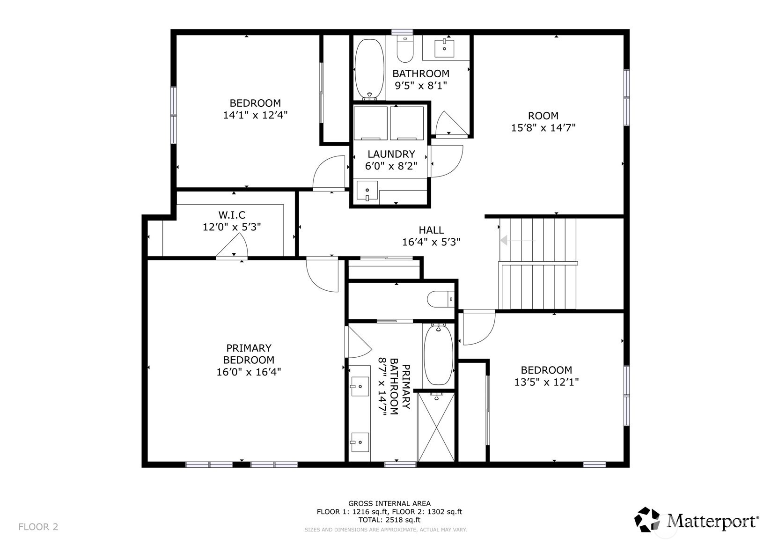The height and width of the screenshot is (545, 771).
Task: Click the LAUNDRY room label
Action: click(x=391, y=154)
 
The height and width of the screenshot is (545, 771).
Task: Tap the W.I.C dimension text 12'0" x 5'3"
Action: click(x=232, y=227)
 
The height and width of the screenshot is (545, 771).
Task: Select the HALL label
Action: click(x=431, y=230)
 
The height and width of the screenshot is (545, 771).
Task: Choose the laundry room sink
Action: click(x=367, y=191)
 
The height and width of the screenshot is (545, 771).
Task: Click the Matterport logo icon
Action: click(x=647, y=520)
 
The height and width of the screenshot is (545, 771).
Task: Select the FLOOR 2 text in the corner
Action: click(x=38, y=527)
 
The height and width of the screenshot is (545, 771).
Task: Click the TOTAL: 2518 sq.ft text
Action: click(x=389, y=520)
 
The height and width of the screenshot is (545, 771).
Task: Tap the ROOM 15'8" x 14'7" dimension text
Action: click(x=543, y=127)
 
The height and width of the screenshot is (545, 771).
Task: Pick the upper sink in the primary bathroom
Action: click(x=360, y=386)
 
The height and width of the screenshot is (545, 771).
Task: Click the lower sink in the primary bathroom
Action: click(x=360, y=442)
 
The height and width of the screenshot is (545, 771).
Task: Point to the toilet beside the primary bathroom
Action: click(x=441, y=299)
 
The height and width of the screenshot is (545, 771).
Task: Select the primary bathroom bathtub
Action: click(x=438, y=354)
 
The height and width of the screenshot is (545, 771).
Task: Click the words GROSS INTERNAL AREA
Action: click(x=389, y=504)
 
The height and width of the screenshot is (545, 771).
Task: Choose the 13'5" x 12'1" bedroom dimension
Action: click(x=546, y=382)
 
